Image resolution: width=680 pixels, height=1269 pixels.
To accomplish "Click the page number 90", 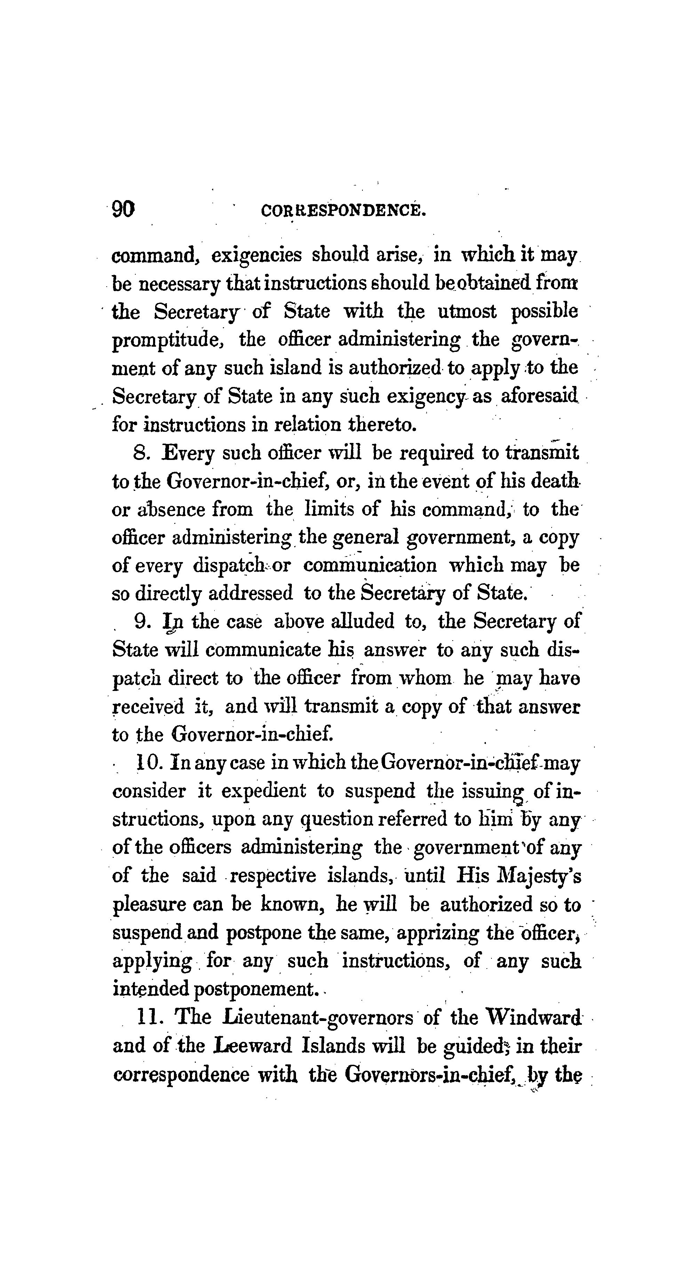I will coord(123,209).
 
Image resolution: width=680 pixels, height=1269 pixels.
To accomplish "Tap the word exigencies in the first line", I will coord(256,256).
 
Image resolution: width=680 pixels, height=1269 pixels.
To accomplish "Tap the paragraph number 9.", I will coord(142,622).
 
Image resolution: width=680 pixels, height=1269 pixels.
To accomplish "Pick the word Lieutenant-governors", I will coord(318,1018).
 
